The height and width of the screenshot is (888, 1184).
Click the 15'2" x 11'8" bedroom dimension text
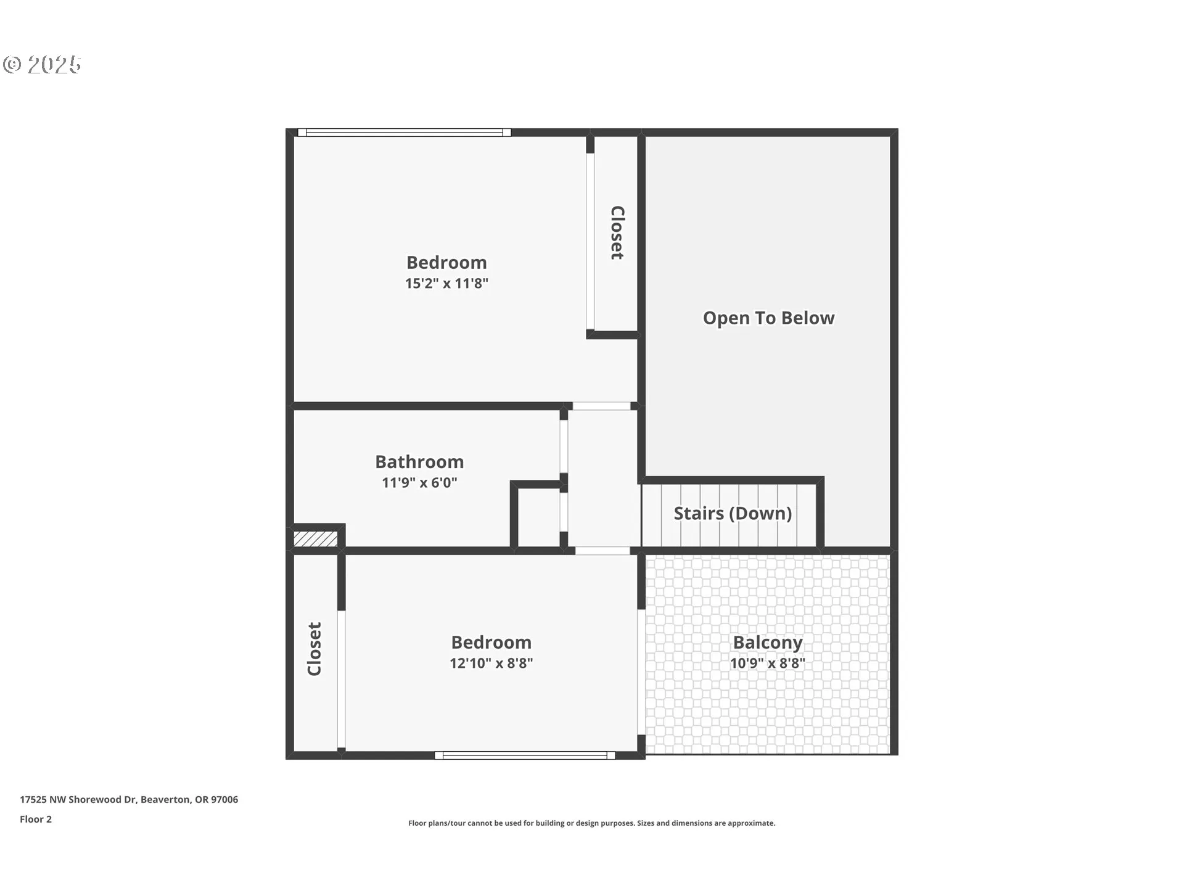click(446, 284)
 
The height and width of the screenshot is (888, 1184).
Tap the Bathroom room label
click(419, 462)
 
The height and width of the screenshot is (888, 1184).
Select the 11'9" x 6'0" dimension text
click(419, 483)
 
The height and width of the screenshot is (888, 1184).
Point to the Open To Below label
click(768, 318)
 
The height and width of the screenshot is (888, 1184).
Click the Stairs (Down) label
click(733, 513)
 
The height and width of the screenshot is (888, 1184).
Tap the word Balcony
click(768, 643)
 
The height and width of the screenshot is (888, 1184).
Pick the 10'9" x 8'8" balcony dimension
click(768, 664)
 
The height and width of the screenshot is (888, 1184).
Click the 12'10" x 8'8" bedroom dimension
click(491, 664)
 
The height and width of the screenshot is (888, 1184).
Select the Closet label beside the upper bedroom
click(617, 232)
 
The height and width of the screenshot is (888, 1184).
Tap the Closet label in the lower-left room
click(314, 649)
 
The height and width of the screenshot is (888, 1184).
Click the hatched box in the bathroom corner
click(315, 539)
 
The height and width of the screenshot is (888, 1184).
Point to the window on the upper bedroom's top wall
click(404, 133)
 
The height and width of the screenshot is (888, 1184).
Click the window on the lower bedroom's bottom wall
click(525, 755)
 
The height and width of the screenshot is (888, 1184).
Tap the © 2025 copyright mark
click(42, 65)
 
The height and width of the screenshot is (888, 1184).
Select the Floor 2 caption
click(36, 820)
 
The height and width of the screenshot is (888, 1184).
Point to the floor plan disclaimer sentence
click(591, 823)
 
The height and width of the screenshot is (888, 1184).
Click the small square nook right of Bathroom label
click(538, 517)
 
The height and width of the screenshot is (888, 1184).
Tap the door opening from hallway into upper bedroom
click(601, 406)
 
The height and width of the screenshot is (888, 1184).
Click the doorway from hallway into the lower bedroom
click(602, 551)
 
